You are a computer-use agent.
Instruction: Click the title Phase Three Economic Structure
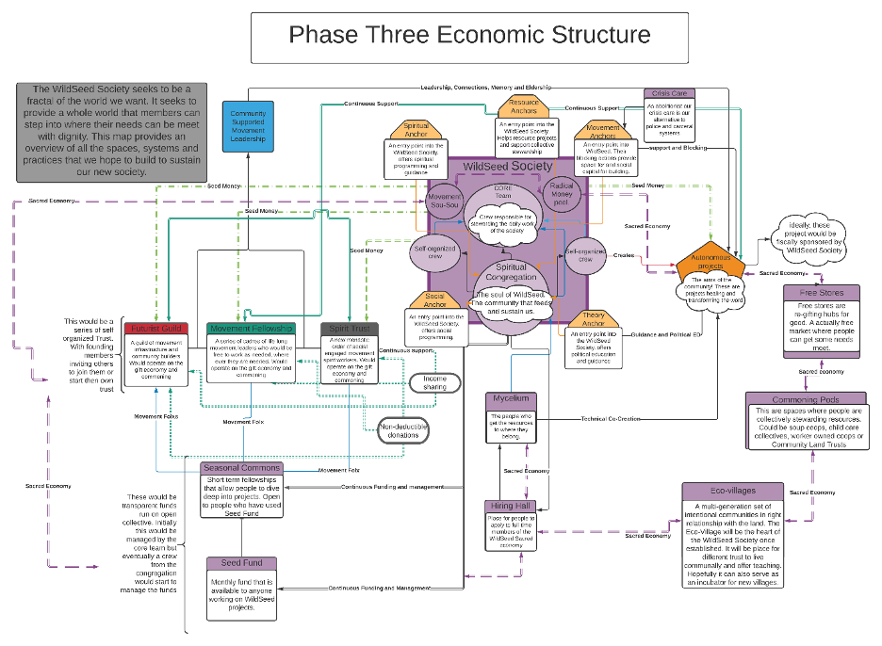click(x=469, y=36)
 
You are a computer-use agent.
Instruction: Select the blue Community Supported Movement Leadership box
click(x=249, y=126)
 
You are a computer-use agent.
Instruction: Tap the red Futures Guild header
click(x=156, y=328)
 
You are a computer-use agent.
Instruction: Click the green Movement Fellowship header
click(x=251, y=328)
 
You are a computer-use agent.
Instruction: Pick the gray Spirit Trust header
click(x=350, y=328)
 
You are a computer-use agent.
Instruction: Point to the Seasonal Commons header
click(x=241, y=468)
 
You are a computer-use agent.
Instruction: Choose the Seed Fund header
click(x=241, y=563)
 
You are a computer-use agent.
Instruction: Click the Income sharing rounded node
click(x=434, y=383)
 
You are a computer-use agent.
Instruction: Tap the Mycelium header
click(x=511, y=399)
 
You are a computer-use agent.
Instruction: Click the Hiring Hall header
click(x=510, y=507)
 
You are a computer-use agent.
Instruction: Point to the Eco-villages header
click(x=732, y=492)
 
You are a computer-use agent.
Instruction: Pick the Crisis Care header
click(x=669, y=93)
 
